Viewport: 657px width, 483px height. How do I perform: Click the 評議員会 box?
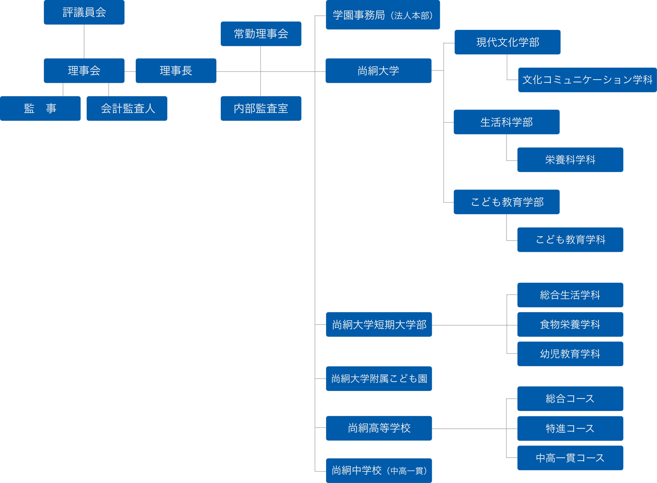tap(84, 12)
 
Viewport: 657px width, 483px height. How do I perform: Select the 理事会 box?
tap(84, 71)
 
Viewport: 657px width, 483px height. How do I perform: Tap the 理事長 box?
tap(176, 71)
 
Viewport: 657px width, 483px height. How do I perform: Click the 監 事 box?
tap(40, 109)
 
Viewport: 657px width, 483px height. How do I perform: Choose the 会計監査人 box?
tap(127, 109)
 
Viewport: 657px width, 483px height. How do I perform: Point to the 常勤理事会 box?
tap(261, 34)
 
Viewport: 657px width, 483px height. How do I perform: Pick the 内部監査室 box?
tap(261, 109)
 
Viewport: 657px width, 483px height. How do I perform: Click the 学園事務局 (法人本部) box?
tap(383, 15)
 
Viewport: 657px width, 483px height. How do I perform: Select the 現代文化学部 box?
tap(507, 42)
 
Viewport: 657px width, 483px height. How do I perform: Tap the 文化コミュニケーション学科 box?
tap(587, 80)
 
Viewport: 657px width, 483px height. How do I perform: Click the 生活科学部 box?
tap(506, 122)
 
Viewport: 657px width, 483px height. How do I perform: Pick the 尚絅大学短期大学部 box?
tap(379, 325)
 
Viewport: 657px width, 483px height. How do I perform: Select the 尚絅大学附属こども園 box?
tap(379, 379)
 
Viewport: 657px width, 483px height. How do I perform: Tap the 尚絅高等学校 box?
tap(379, 428)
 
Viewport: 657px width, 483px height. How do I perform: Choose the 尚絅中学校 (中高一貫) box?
tap(379, 470)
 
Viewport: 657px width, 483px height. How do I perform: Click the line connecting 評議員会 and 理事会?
tap(84, 42)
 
